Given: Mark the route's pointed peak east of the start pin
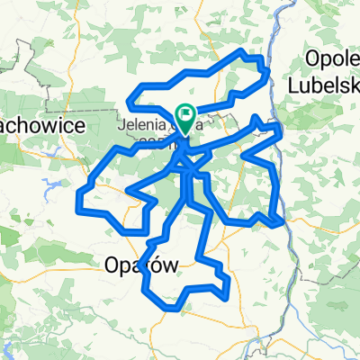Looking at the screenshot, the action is [257, 118].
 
